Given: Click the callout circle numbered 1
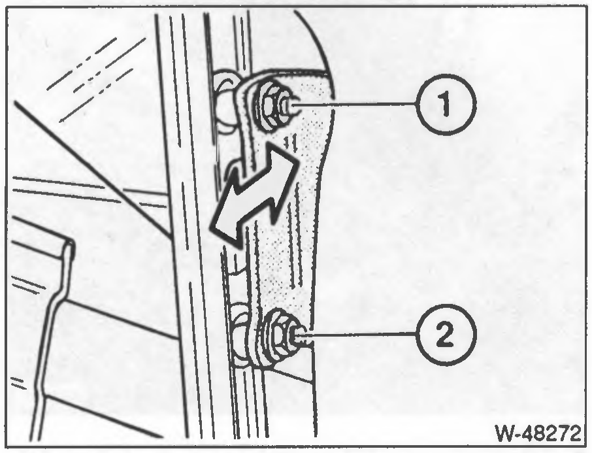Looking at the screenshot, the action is [446, 105].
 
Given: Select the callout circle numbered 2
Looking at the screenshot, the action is [446, 334].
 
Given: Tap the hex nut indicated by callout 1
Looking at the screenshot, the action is [269, 106].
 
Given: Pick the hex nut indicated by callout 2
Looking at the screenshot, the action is [275, 336].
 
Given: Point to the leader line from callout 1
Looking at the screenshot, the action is [355, 105].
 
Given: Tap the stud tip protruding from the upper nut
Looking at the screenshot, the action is [289, 107].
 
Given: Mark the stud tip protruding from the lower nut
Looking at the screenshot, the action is [300, 336].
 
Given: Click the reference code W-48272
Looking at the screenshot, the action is [538, 433].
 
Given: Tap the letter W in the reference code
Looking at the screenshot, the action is [505, 433].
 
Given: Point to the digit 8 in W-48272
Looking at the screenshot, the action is [544, 433].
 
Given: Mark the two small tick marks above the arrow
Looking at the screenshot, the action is [290, 142].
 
